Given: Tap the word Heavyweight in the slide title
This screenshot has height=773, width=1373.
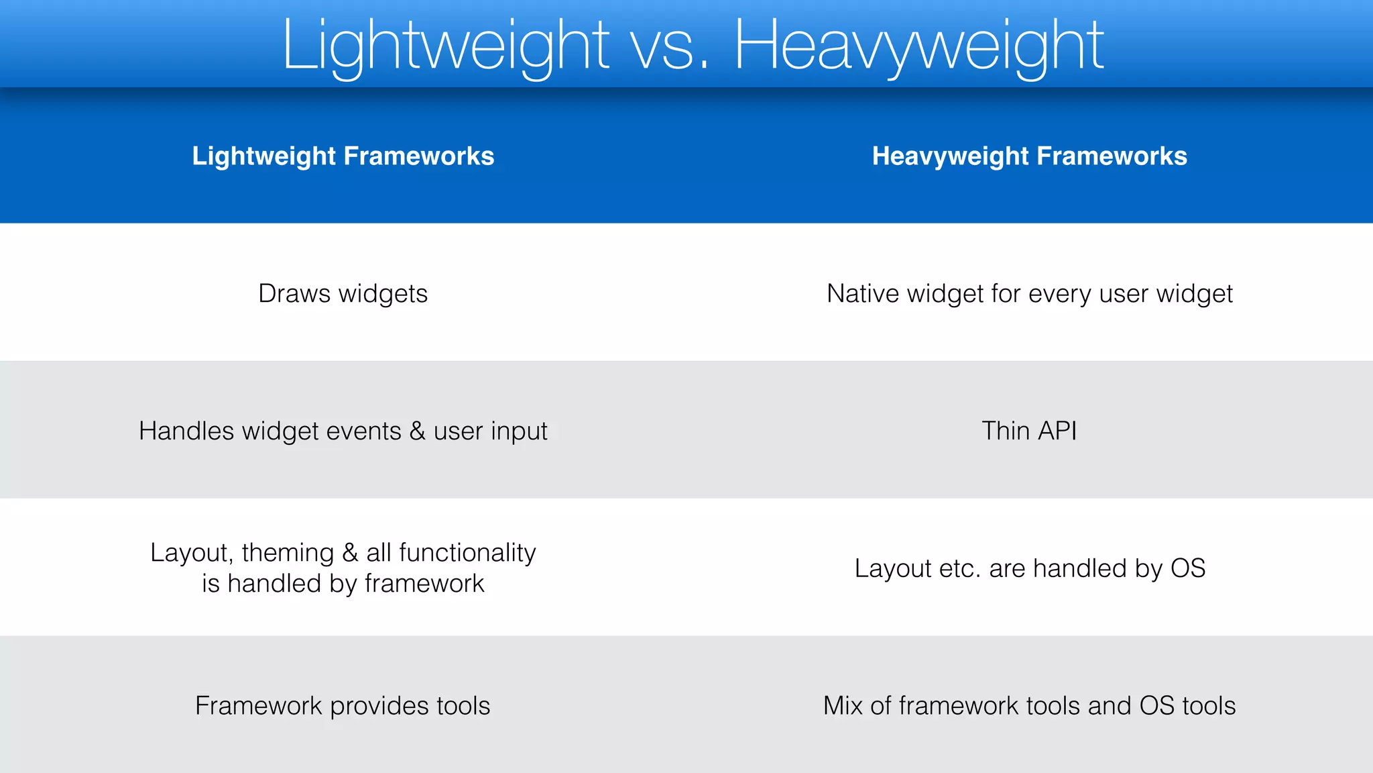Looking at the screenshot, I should click(x=918, y=46).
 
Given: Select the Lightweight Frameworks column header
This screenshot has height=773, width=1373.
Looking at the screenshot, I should click(x=343, y=156).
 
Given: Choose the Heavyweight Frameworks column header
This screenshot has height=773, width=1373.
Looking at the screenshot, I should click(x=1029, y=156).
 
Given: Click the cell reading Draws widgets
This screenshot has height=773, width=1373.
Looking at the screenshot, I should click(x=343, y=294).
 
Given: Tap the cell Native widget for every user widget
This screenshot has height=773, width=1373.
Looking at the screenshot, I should click(x=1029, y=294).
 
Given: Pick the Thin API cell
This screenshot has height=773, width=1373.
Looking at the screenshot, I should click(x=1029, y=431).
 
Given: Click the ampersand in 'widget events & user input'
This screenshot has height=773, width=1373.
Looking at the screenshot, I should click(x=417, y=431).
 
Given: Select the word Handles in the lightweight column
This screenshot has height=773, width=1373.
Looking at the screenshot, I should click(x=186, y=431).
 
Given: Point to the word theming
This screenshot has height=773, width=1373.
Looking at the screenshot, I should click(x=288, y=553).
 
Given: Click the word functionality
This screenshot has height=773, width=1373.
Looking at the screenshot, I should click(x=467, y=553).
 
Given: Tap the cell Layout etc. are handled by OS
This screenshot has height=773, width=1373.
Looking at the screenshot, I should click(x=1029, y=568).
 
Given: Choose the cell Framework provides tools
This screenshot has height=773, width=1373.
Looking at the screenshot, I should click(x=343, y=706).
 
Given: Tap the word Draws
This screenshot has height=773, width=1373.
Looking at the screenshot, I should click(x=294, y=294).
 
